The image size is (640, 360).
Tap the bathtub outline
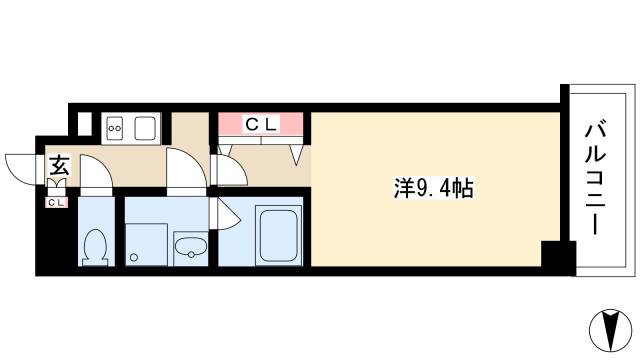point(279,236)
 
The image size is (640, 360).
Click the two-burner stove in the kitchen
point(115,127)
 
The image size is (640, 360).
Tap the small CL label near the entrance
point(56,203)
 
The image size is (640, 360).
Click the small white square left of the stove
point(84,125)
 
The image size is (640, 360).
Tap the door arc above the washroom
point(185,170)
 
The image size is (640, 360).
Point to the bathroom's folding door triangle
point(226,213)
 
